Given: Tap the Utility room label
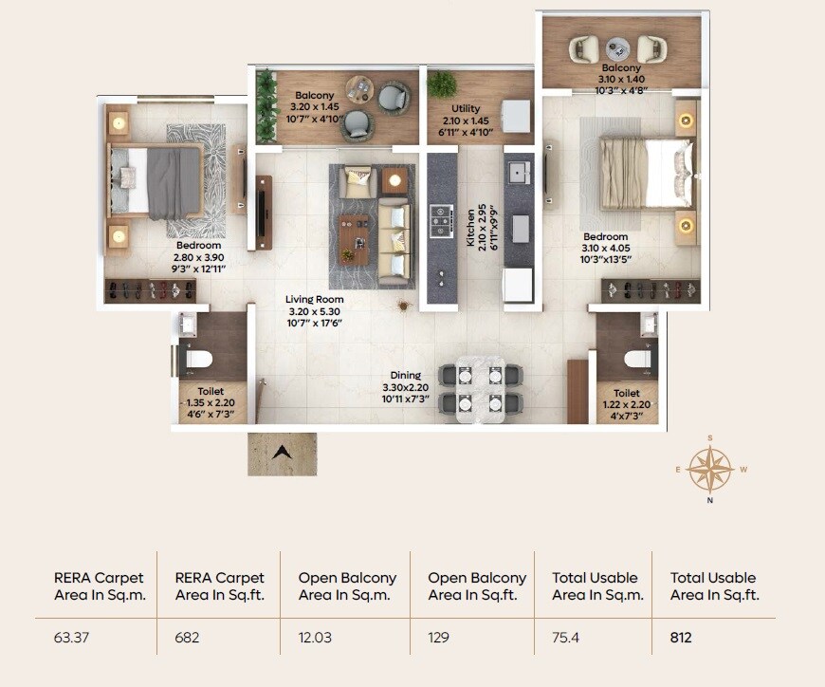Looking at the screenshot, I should coord(466,109).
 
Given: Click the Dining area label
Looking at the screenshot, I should coord(405,376).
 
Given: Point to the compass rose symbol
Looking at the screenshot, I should coord(709,468).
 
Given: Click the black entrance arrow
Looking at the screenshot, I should coord(282,453).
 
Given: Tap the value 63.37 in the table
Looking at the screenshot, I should coord(72,638).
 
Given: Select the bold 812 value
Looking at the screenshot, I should coord(681,638).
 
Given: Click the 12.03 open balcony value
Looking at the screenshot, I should coord(316,638).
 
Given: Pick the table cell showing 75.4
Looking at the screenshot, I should coord(565,638).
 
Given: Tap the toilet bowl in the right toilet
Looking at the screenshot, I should coord(637,360).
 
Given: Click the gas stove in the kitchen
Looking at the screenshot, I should coord(441,220).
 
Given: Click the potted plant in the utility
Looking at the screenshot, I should coord(441,84).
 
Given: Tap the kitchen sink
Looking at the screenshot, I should coord(518,173).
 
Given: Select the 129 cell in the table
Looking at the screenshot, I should coord(439,638).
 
